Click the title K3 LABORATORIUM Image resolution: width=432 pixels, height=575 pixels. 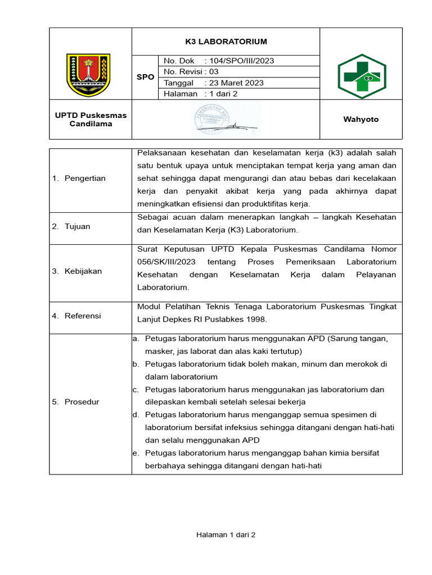click(226, 42)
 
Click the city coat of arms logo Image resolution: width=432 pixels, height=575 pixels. click(88, 75)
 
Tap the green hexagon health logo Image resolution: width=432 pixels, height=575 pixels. click(361, 76)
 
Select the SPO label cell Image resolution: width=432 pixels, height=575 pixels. click(145, 77)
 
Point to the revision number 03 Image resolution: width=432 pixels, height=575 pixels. click(213, 72)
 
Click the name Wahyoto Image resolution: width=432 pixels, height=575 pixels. click(361, 120)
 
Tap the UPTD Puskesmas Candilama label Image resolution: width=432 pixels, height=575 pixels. click(91, 120)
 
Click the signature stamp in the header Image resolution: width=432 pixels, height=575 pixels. click(226, 120)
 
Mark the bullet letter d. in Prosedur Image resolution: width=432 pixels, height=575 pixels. click(136, 415)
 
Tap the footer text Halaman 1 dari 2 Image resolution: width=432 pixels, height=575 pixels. click(226, 535)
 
